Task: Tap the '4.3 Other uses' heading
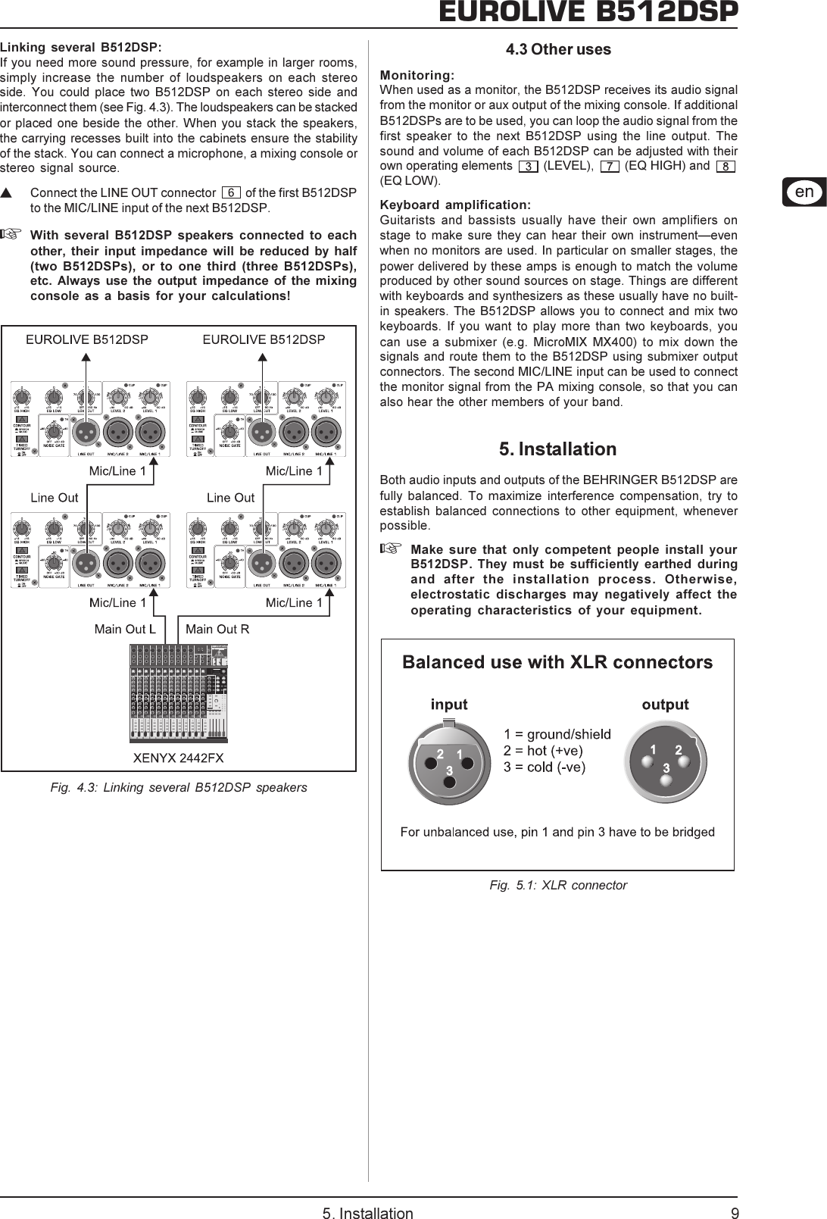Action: (x=558, y=50)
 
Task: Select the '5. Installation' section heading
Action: (x=557, y=449)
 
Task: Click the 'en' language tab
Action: (x=804, y=192)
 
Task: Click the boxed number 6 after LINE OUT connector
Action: (x=231, y=193)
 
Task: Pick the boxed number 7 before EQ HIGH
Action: (x=609, y=166)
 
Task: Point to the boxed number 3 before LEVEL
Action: (x=528, y=166)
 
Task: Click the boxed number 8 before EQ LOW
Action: (x=725, y=166)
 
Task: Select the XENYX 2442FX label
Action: (x=178, y=757)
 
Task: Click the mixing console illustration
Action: (x=179, y=692)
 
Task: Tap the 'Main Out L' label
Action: (x=125, y=629)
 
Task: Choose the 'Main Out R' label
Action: (x=217, y=629)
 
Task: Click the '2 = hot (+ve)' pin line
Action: (x=543, y=751)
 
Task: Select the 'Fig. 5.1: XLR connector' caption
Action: (x=557, y=885)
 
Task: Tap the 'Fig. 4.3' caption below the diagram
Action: (x=178, y=787)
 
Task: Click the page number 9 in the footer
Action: (x=734, y=1208)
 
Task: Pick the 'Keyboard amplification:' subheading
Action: (x=455, y=205)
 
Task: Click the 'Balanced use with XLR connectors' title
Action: (x=557, y=663)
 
